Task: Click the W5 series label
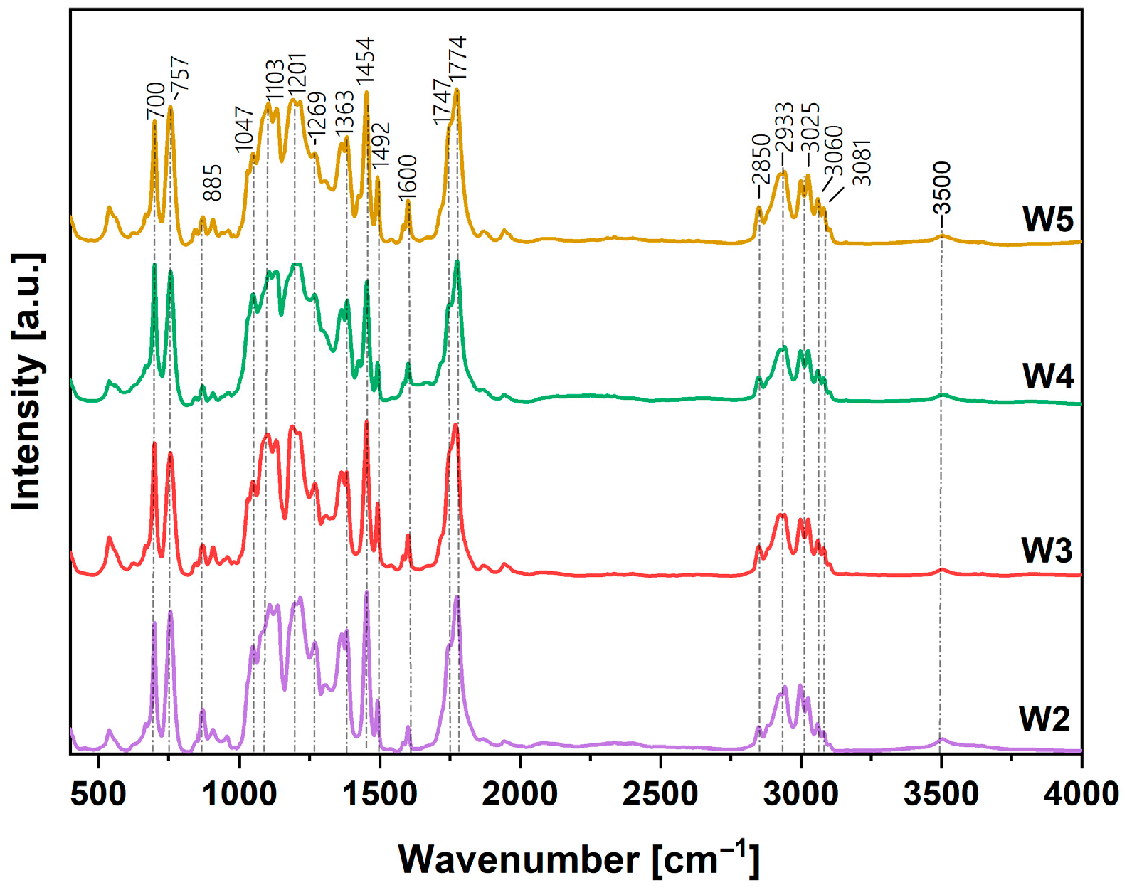point(1047,219)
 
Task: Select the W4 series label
point(1047,376)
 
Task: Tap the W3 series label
point(1047,550)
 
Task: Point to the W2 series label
point(1044,719)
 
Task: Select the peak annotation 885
point(212,183)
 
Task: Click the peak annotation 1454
point(365,63)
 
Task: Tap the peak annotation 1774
point(457,58)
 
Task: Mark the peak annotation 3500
point(942,189)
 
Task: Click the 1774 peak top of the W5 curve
point(457,90)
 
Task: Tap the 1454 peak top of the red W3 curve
point(366,422)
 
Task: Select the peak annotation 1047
point(244,129)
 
